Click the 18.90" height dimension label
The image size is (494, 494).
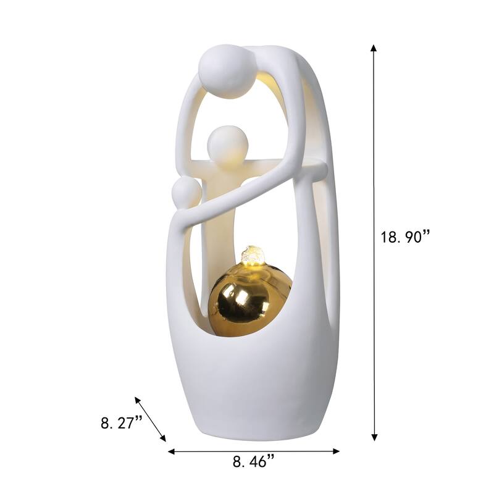point(405,237)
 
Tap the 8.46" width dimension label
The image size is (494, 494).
point(253,461)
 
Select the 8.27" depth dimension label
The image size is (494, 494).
point(121,424)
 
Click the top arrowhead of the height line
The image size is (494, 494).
point(374,48)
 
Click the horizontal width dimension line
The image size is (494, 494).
point(253,451)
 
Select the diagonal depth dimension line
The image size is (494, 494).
point(151,419)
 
